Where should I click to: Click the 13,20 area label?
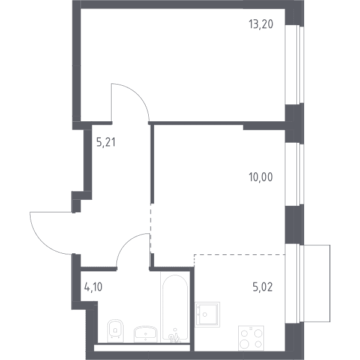[x=261, y=24]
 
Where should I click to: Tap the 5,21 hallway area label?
[x=106, y=142]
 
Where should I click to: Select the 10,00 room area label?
[x=261, y=177]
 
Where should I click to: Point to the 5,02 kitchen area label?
[x=263, y=287]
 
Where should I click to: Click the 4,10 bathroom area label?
[x=93, y=287]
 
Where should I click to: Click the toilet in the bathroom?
[x=115, y=331]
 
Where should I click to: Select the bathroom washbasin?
[x=146, y=334]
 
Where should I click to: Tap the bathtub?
[x=175, y=307]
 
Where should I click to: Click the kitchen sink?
[x=208, y=314]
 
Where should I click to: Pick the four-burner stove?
[x=251, y=338]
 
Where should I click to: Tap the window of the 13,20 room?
[x=295, y=65]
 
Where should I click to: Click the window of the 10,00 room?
[x=295, y=174]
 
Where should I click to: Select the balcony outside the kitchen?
[x=317, y=283]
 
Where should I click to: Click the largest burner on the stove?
[x=244, y=344]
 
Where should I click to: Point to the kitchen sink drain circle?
[x=205, y=314]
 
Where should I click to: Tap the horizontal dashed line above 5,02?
[x=239, y=254]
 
